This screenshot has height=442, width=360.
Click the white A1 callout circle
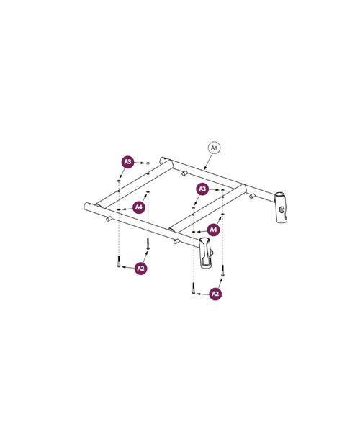point(214,148)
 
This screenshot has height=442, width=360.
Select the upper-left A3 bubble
point(127,162)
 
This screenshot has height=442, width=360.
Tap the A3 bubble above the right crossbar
point(202,189)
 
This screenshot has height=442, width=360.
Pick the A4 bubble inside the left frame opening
point(139,207)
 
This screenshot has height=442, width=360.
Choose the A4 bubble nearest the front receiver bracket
point(213,230)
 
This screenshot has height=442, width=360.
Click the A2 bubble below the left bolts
point(141,268)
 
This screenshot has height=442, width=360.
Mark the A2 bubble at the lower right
point(215,294)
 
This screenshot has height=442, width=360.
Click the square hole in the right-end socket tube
point(283,211)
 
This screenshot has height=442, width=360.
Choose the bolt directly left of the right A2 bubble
point(193,289)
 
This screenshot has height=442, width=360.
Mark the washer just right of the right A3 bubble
point(222,191)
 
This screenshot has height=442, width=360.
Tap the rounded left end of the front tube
point(86,206)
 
